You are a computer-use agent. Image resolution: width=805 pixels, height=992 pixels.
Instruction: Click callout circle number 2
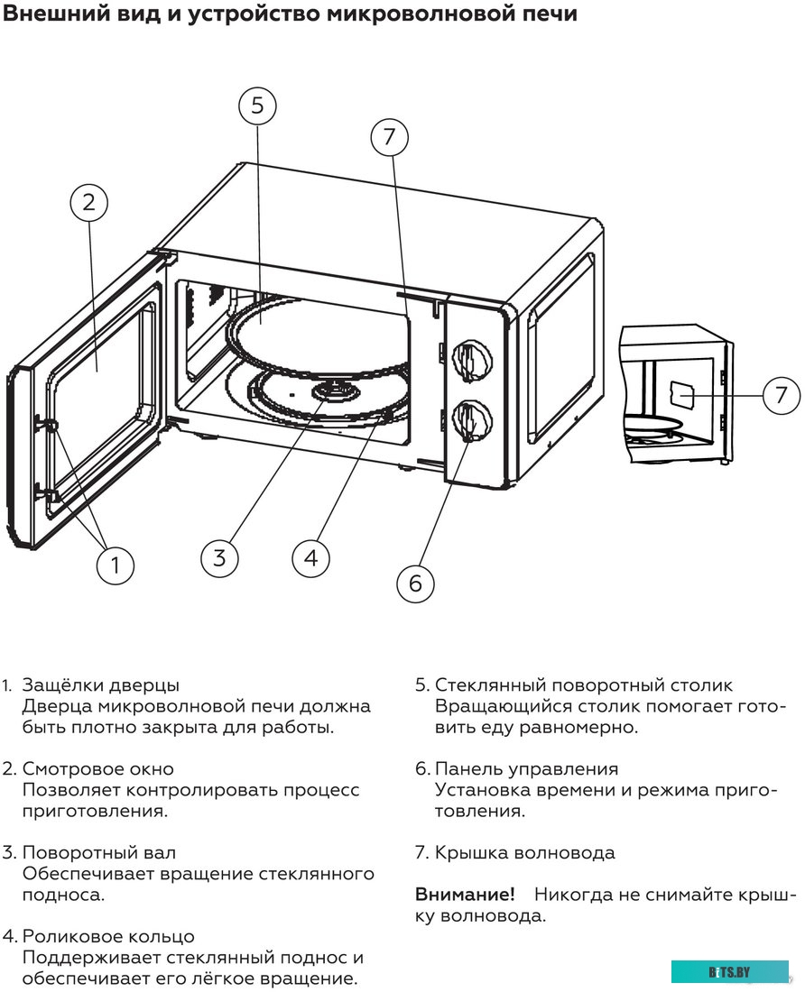[x=88, y=202]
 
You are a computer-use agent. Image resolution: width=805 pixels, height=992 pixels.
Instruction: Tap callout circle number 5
[x=257, y=106]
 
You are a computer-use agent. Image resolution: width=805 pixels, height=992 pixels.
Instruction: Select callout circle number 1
[x=115, y=565]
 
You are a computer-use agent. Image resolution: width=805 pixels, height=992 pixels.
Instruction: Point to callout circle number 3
[x=220, y=556]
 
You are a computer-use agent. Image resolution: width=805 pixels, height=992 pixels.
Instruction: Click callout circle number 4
[x=311, y=558]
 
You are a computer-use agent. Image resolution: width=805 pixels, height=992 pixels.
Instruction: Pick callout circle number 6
[x=415, y=583]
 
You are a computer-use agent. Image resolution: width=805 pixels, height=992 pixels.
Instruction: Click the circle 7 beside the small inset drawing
[x=782, y=394]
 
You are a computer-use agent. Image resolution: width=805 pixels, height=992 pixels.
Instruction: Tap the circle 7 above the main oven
[x=389, y=137]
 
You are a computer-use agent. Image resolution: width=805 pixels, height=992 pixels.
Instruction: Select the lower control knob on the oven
[x=468, y=420]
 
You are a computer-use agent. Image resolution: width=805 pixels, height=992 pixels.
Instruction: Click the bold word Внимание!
[x=465, y=895]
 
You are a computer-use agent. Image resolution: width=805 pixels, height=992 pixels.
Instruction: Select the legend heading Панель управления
[x=526, y=769]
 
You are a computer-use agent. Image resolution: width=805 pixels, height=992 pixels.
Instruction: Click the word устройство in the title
[x=248, y=14]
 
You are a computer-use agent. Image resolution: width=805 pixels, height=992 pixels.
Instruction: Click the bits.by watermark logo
[x=729, y=971]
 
